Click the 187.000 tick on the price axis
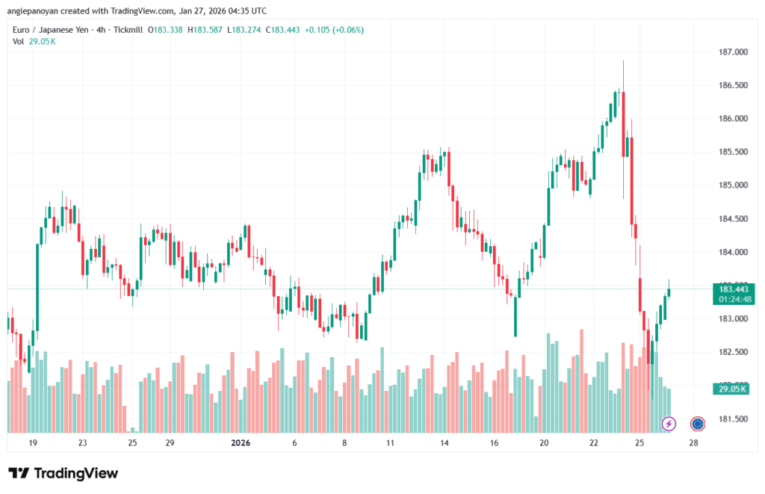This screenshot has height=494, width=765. [733, 52]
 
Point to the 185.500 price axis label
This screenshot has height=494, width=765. [733, 152]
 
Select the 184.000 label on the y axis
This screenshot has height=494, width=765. [733, 252]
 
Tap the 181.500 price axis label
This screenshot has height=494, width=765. [733, 419]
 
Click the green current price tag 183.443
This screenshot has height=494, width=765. [733, 289]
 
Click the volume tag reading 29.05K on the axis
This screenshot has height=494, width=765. [733, 389]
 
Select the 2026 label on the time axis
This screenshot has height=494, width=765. [241, 442]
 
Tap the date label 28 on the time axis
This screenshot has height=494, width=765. [693, 442]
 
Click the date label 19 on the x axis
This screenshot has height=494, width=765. [33, 442]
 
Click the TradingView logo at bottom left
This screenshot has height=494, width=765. [63, 473]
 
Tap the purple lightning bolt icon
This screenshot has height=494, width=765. [669, 424]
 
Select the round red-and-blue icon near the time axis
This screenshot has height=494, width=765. [698, 424]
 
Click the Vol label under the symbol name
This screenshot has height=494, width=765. [18, 41]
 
